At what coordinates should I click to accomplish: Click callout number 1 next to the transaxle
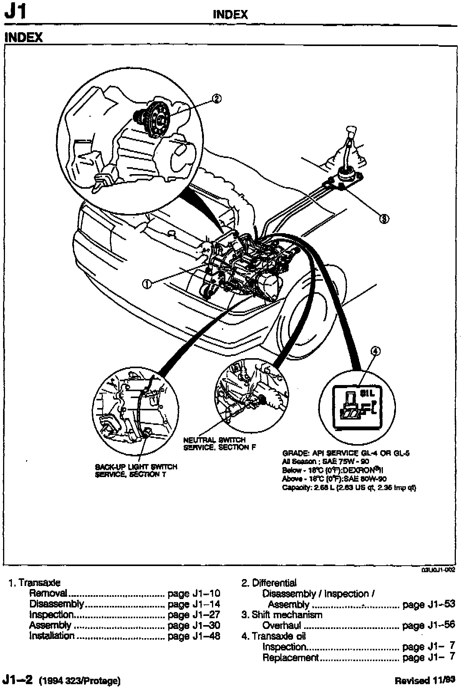[x=147, y=284]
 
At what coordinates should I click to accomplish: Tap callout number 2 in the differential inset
[x=217, y=99]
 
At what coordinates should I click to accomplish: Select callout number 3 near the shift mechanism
[x=384, y=219]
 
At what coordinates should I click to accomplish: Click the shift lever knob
[x=351, y=131]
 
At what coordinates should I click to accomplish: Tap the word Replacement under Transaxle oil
[x=291, y=657]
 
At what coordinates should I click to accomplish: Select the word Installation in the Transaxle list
[x=52, y=636]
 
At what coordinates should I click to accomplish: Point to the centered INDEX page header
[x=230, y=15]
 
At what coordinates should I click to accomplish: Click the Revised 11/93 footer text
[x=425, y=680]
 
